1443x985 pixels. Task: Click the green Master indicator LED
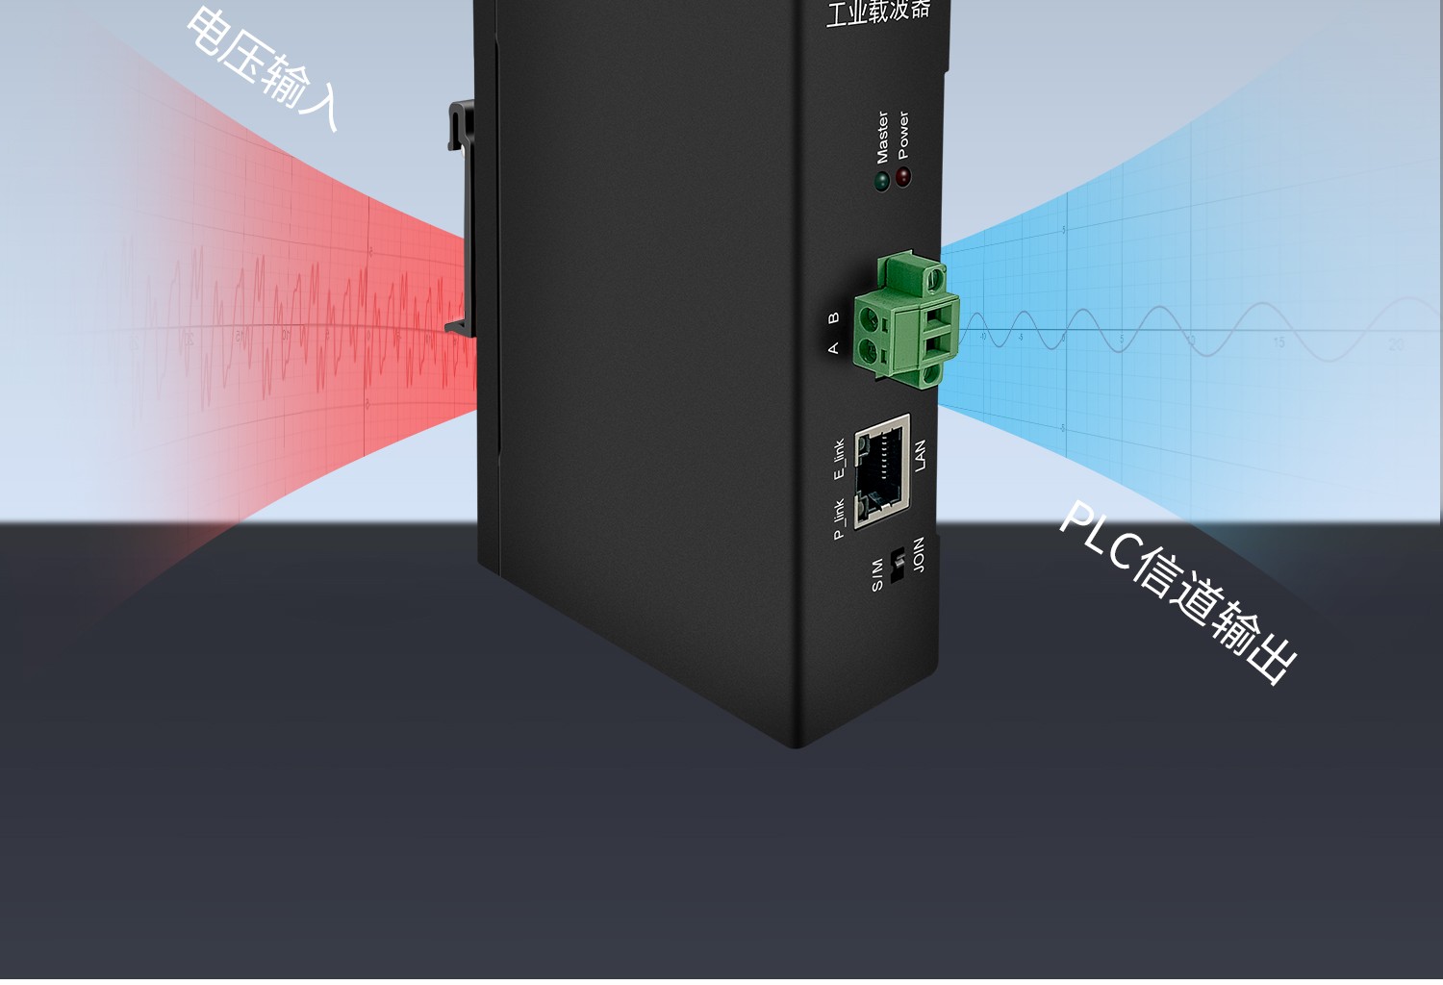click(881, 181)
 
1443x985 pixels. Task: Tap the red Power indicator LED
click(903, 177)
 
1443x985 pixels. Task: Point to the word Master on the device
click(882, 137)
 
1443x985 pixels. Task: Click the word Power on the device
click(902, 135)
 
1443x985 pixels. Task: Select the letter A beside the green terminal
click(833, 347)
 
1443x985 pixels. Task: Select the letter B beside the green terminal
click(833, 316)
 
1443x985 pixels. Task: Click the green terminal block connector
click(907, 319)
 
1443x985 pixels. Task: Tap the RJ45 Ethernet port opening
click(880, 471)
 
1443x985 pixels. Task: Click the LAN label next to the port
click(920, 455)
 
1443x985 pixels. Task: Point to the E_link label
click(839, 459)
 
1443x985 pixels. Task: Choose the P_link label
click(839, 518)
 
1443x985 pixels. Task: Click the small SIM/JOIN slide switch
click(898, 566)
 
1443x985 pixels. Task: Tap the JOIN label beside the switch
click(919, 555)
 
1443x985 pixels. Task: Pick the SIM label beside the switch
click(877, 574)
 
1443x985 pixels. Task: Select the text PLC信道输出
click(1178, 591)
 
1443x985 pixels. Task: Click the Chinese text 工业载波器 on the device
click(877, 12)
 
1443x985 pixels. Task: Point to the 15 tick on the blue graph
click(1278, 342)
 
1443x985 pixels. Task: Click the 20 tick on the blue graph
click(1396, 343)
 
